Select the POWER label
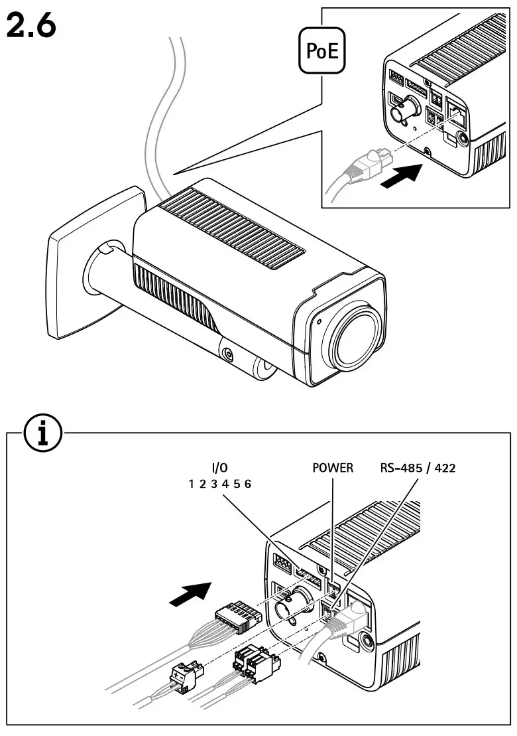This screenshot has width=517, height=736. pos(332,468)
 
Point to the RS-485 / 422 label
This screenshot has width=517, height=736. pos(418,468)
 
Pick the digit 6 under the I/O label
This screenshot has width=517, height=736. pos(248,484)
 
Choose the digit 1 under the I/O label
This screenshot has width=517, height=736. pos(192,484)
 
